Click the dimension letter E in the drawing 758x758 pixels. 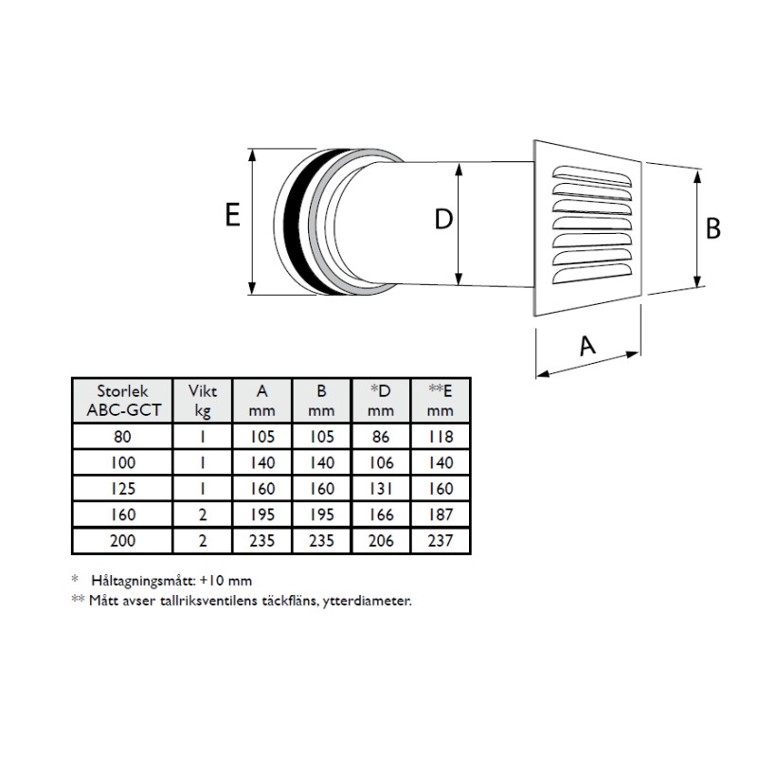pyautogui.click(x=232, y=216)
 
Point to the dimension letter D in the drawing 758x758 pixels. pyautogui.click(x=442, y=220)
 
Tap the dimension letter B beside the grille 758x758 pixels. pyautogui.click(x=713, y=228)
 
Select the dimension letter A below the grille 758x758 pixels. pyautogui.click(x=587, y=347)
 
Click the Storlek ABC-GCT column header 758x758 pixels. pyautogui.click(x=122, y=401)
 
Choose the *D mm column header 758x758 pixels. pyautogui.click(x=380, y=401)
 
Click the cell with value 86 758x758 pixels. pyautogui.click(x=381, y=437)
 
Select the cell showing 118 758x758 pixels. pyautogui.click(x=441, y=437)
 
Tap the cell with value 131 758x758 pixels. pyautogui.click(x=381, y=489)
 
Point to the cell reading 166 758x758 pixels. pyautogui.click(x=381, y=515)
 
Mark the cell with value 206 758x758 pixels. pyautogui.click(x=381, y=542)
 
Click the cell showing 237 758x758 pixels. pyautogui.click(x=441, y=542)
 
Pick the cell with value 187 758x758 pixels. pyautogui.click(x=441, y=515)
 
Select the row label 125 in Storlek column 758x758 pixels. pyautogui.click(x=122, y=489)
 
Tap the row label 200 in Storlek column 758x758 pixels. pyautogui.click(x=122, y=542)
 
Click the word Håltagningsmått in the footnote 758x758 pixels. pyautogui.click(x=143, y=580)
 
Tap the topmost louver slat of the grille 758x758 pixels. pyautogui.click(x=592, y=175)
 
